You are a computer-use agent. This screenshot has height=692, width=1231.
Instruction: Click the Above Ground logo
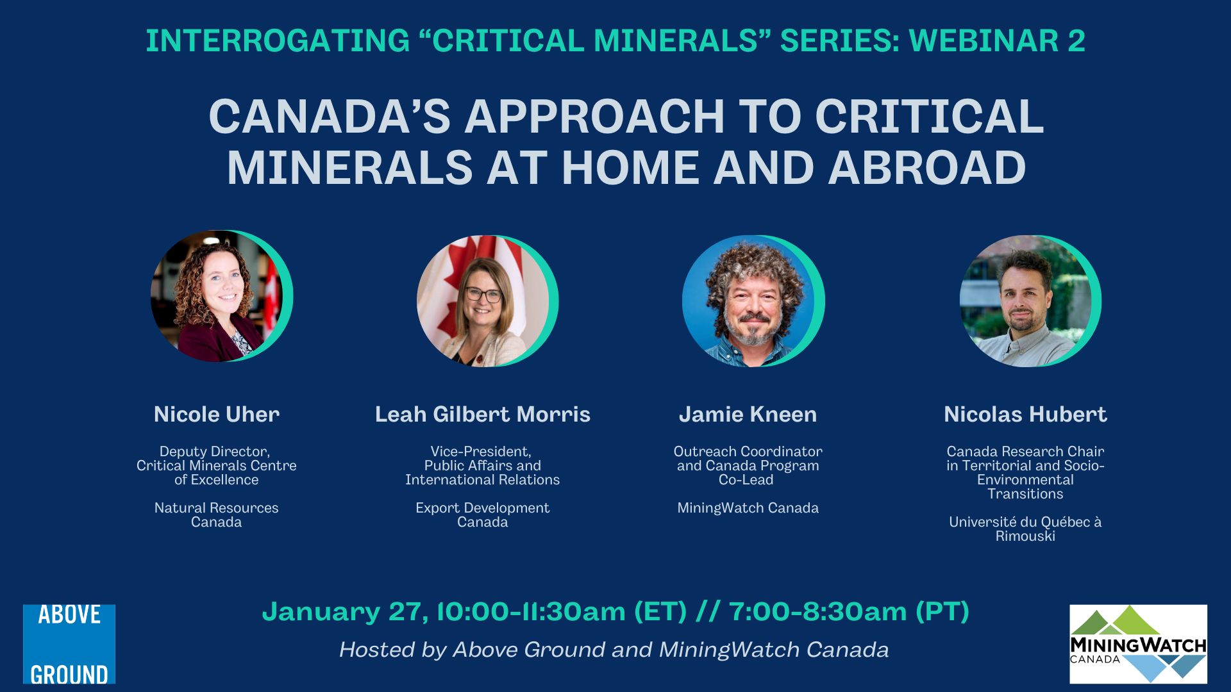(69, 644)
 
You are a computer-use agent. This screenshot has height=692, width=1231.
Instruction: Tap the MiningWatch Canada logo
(1138, 644)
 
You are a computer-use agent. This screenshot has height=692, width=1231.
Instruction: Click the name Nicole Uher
(217, 415)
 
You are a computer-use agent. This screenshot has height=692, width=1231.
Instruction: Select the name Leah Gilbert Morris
(483, 415)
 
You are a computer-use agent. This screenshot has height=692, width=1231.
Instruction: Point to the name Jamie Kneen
(748, 415)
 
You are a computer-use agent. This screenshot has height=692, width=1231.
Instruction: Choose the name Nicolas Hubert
(1026, 415)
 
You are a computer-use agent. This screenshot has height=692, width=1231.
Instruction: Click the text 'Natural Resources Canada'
(217, 515)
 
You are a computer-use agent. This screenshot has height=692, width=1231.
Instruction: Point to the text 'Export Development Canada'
(483, 515)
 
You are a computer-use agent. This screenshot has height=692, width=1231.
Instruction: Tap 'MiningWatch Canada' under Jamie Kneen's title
(748, 508)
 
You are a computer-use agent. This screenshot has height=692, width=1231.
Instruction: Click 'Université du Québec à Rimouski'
(1026, 529)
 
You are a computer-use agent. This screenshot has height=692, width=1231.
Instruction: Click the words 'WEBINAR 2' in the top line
(997, 41)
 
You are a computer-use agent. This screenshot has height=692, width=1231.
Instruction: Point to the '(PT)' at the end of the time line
(942, 612)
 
